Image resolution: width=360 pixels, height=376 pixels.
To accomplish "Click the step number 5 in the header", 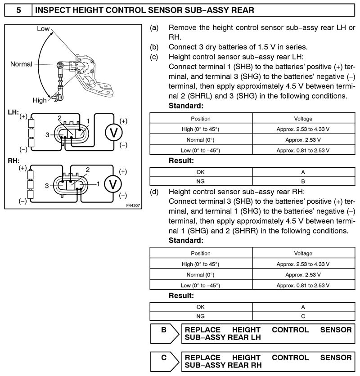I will point(18,9).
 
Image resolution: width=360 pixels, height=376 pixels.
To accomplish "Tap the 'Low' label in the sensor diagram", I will point(43,29).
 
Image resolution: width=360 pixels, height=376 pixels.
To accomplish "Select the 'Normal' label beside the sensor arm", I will point(21,64).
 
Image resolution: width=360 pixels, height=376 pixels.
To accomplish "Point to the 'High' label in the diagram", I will point(39,100).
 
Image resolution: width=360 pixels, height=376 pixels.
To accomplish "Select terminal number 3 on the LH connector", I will point(47,134).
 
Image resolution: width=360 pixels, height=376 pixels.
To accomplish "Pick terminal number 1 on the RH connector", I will point(98,184).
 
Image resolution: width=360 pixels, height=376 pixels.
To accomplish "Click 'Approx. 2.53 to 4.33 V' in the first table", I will point(303,129).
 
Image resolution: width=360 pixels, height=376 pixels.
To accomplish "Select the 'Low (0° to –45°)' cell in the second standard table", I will point(200,285).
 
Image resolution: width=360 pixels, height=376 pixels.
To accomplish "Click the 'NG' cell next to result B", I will point(200,181).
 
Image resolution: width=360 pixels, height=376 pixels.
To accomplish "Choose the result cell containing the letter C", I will point(303,316).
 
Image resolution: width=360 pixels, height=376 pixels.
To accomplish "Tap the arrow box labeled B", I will point(164,334).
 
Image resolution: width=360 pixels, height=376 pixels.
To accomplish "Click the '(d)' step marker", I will point(154,192).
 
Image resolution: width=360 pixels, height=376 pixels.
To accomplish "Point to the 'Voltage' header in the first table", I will point(303,119).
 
